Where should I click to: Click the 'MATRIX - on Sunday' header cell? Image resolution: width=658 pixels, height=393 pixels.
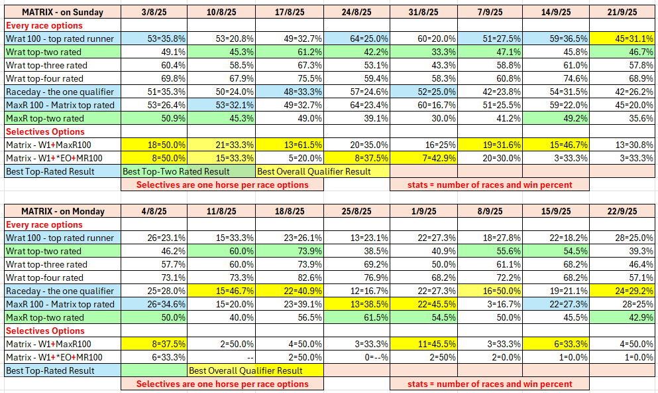point(63,12)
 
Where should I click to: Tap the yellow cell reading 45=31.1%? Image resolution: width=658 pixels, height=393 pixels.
point(622,39)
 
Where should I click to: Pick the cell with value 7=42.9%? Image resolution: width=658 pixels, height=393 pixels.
point(423,158)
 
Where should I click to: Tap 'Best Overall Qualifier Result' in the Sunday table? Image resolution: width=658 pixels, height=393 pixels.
point(314,171)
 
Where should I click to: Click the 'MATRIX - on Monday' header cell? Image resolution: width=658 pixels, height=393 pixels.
point(63,211)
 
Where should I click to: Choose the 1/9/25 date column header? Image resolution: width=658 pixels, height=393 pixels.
point(423,211)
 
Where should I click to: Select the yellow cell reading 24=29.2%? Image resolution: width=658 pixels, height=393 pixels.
point(622,291)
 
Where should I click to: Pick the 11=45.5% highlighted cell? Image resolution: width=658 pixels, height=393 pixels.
point(423,344)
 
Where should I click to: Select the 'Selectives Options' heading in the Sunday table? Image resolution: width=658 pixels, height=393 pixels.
point(45,131)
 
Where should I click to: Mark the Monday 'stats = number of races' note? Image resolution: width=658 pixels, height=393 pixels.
point(490,384)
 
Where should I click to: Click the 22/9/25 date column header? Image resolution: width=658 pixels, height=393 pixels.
point(622,211)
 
